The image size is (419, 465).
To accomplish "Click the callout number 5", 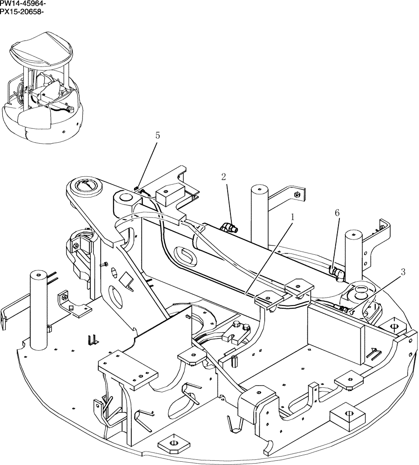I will [157, 135].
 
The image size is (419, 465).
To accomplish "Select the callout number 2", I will [223, 177].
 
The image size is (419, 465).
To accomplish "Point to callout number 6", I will [337, 213].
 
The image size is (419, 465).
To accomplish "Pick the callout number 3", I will [403, 272].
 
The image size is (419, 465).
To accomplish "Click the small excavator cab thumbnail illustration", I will [42, 86].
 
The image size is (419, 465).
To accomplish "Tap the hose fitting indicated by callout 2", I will [229, 227].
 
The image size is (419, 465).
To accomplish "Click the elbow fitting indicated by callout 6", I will [337, 273].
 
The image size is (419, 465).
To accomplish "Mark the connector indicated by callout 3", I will [344, 308].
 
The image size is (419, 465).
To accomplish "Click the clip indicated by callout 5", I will [136, 189].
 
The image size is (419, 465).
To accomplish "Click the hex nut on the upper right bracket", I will [296, 194].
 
